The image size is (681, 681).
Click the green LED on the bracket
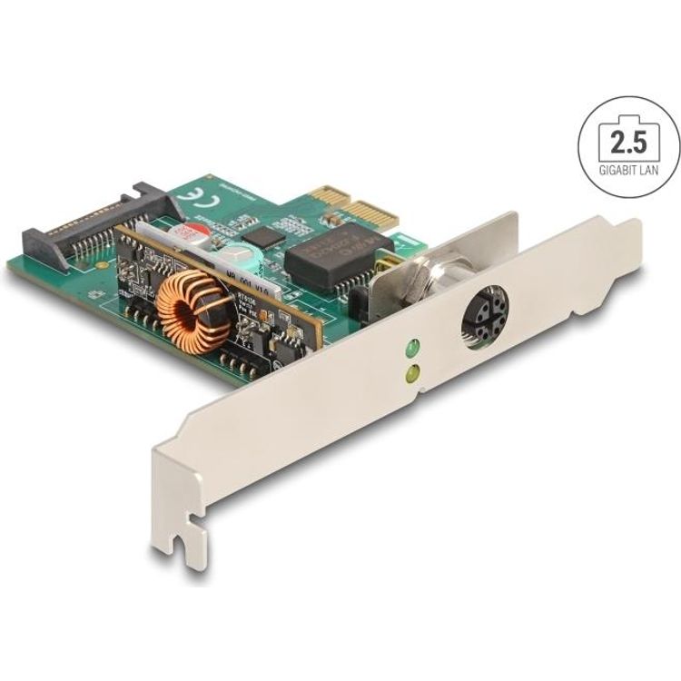point(410,348)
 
